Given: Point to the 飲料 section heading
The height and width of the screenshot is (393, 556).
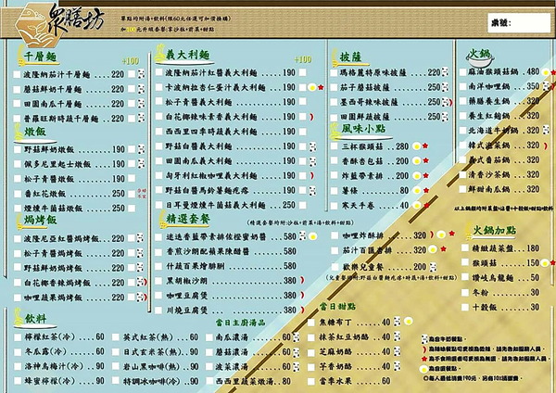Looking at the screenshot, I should point(36,318).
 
